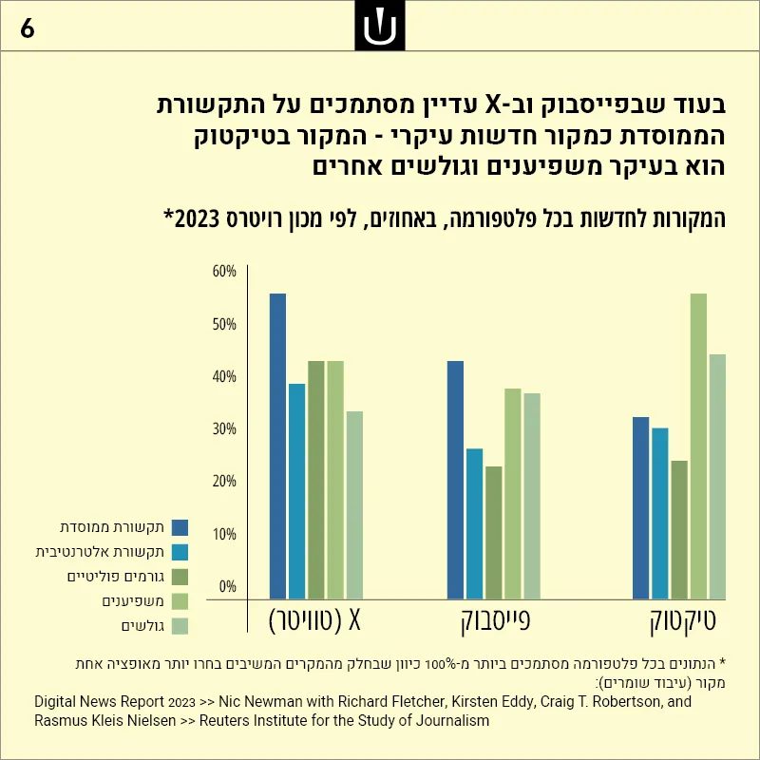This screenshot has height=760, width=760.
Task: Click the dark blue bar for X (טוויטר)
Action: point(277,446)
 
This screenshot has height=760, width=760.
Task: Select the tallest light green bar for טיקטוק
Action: point(698,446)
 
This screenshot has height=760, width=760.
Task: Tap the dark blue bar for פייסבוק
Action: point(455,480)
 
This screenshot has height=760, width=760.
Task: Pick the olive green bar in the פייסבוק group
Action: point(494,533)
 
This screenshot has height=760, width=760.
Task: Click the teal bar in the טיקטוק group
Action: point(659,513)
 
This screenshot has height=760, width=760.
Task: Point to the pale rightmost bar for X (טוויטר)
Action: point(354,505)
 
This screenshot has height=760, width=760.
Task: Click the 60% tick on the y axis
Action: point(224,272)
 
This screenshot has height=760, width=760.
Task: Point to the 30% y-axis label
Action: point(224,429)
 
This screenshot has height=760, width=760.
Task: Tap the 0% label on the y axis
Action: point(227,586)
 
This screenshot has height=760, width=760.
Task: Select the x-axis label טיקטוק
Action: point(682,621)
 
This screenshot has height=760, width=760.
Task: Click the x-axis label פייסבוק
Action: point(495,621)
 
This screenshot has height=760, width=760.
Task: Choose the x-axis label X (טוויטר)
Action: point(314,620)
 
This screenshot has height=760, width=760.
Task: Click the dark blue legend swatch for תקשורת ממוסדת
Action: point(180,527)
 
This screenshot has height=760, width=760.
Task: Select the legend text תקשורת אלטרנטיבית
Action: point(100,552)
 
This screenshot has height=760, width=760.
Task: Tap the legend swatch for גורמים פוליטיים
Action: point(180,577)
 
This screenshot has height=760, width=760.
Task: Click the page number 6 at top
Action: point(28,28)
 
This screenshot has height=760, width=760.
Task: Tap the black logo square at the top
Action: point(380,26)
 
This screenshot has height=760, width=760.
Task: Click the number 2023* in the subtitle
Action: point(193,218)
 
